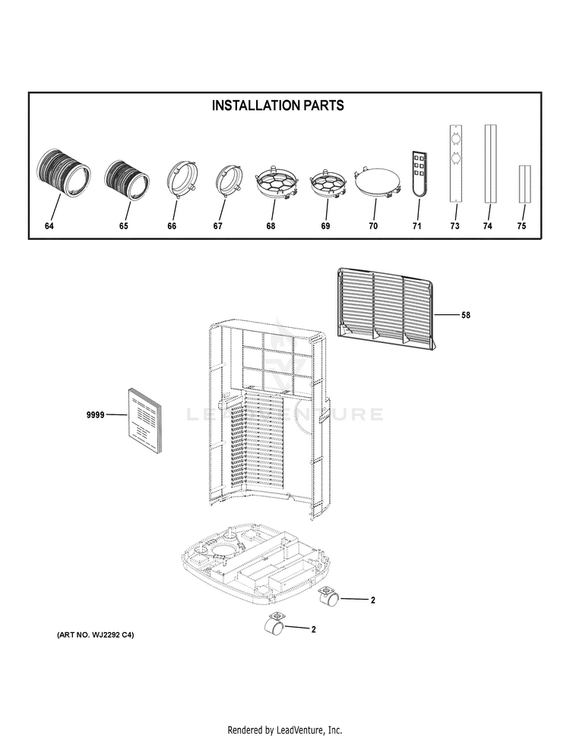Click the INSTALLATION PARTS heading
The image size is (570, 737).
(x=277, y=106)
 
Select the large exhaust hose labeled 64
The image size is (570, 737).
(x=64, y=174)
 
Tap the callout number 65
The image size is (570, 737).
(x=124, y=226)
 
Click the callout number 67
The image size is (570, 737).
(x=218, y=226)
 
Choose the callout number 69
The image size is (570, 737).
(x=326, y=226)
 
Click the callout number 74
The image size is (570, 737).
(x=488, y=226)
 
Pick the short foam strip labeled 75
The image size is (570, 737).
(x=522, y=184)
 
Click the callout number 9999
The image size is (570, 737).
(x=94, y=414)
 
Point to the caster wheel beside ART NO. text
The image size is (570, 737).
(x=274, y=625)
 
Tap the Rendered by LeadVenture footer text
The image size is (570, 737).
(x=284, y=729)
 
